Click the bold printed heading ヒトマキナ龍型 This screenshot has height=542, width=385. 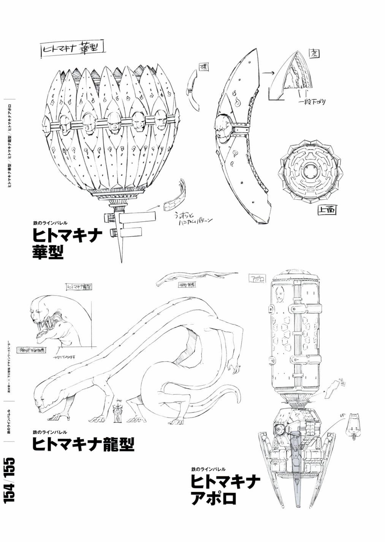[x=83, y=443]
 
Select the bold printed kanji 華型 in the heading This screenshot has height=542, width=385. [x=48, y=252]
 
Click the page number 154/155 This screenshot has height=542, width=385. [x=10, y=481]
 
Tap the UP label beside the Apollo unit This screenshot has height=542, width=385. [x=341, y=416]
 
